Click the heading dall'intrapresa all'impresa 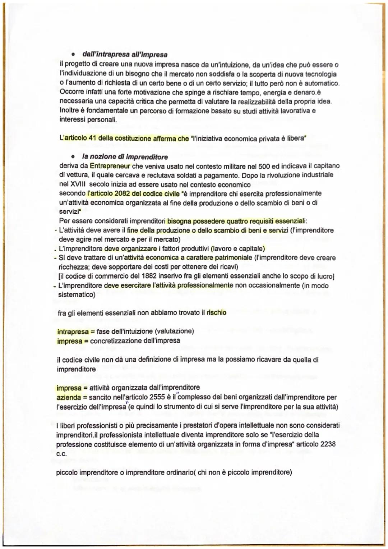point(125,55)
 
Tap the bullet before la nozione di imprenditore point(73,157)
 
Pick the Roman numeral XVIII point(77,185)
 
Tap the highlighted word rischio point(216,312)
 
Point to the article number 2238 point(328,444)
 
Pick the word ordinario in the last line point(175,472)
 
